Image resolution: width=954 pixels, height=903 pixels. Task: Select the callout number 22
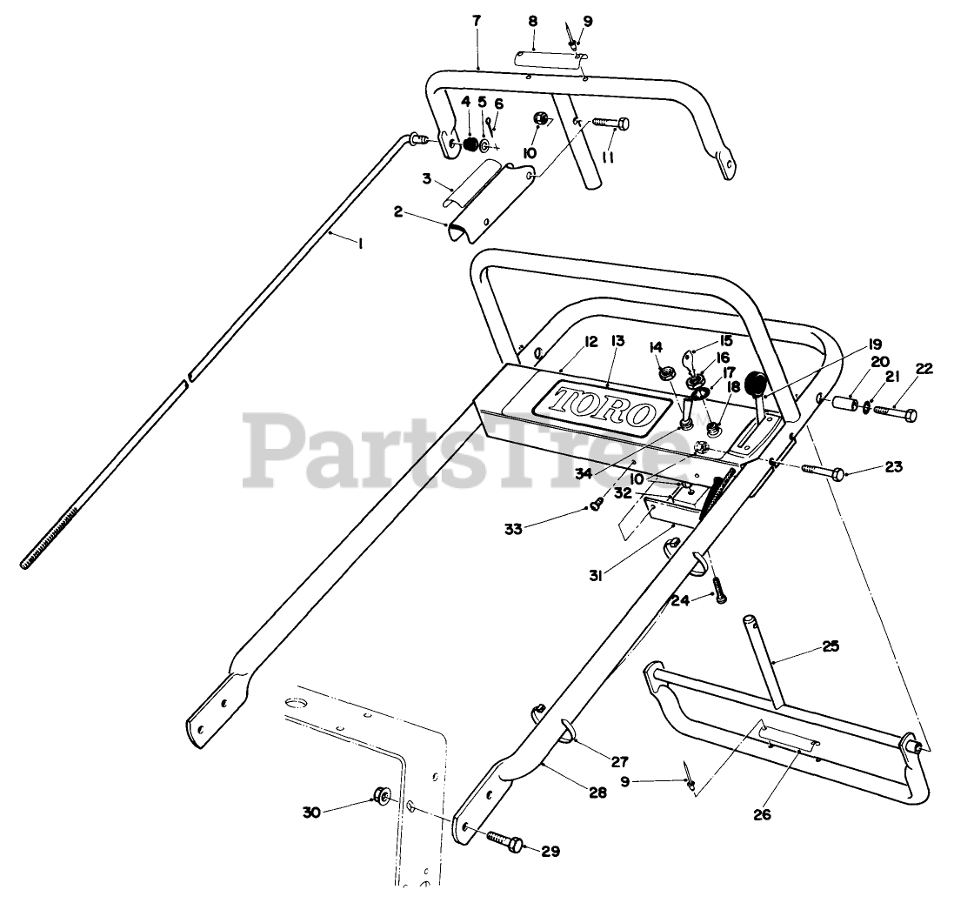point(924,368)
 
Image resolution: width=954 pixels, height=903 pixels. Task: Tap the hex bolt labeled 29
point(504,841)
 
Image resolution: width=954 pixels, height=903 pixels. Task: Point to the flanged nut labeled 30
point(380,793)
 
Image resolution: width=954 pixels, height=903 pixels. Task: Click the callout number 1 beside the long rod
point(359,244)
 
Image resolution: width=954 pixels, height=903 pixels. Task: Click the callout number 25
point(831,646)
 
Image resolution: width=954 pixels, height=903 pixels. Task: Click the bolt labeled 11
point(612,127)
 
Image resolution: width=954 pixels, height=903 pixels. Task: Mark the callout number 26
point(762,815)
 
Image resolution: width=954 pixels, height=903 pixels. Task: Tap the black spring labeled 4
point(470,144)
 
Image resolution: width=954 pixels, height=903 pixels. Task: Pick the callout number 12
point(567,343)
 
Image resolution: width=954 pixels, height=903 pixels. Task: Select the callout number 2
point(397,211)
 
